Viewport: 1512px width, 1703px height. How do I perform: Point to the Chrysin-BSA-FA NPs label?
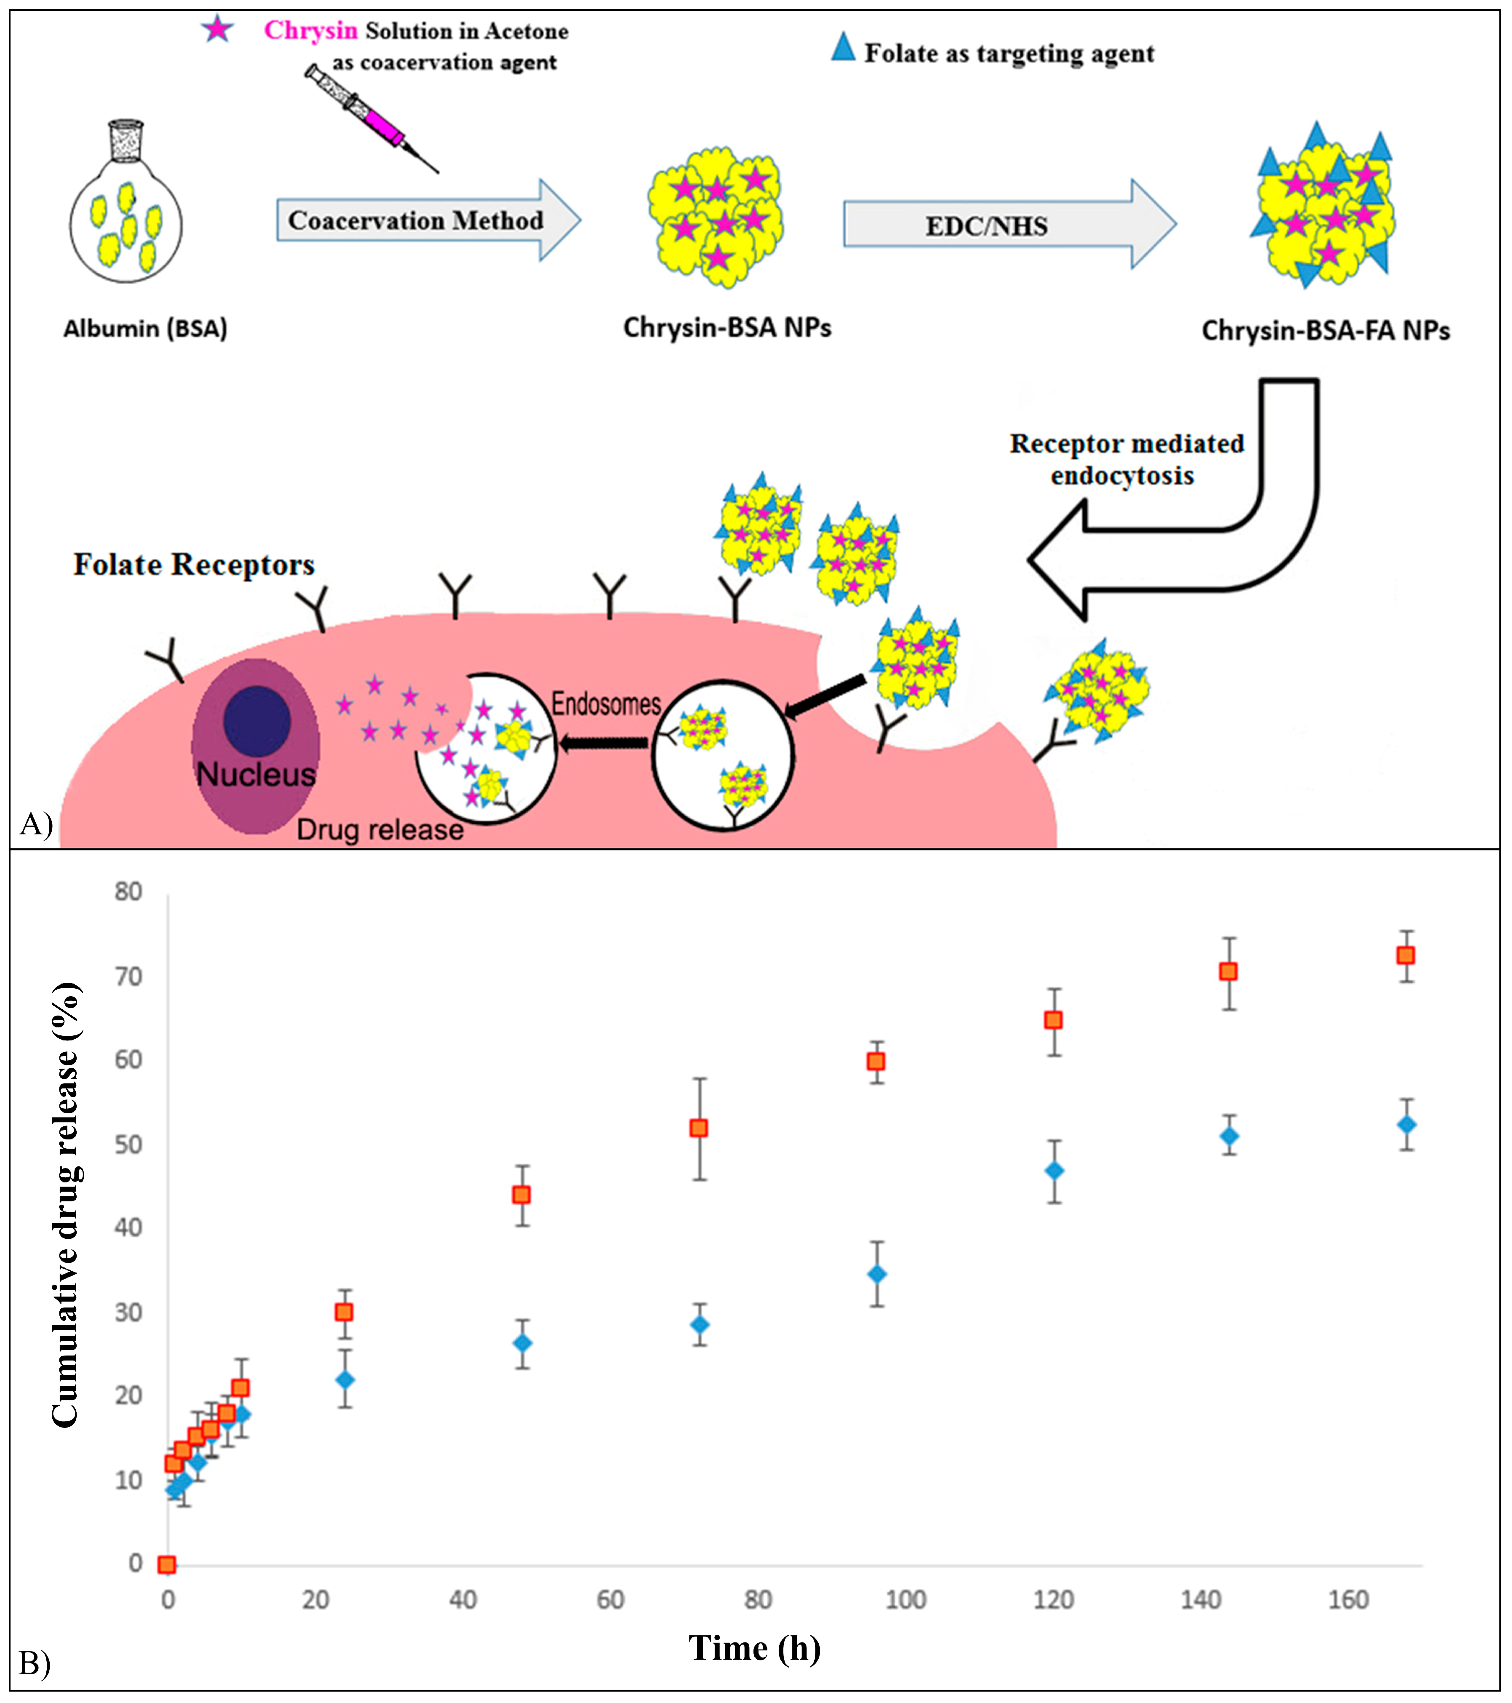[1325, 331]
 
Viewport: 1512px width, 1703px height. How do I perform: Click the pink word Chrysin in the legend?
[310, 31]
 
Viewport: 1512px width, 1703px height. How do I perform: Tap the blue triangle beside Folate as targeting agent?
[843, 48]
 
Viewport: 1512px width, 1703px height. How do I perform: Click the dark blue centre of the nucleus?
[256, 721]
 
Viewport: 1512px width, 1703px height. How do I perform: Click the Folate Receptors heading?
[194, 565]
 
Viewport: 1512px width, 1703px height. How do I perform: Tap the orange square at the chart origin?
[167, 1565]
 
